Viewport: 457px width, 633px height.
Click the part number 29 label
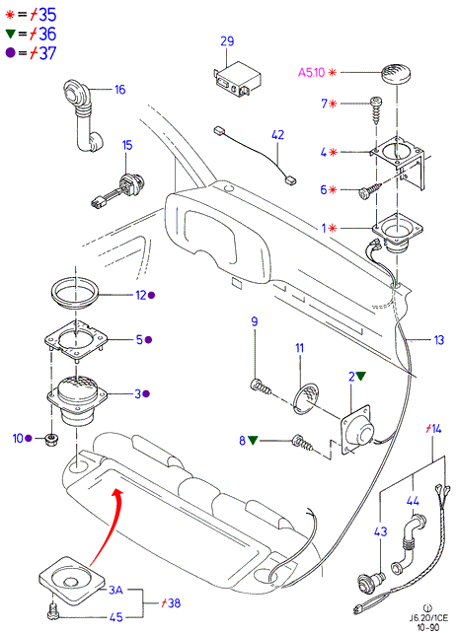(227, 41)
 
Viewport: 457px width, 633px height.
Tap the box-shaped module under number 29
(237, 80)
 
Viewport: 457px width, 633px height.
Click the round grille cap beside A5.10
(397, 74)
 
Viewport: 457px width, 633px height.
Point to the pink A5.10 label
(311, 73)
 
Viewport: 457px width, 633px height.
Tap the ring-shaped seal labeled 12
(75, 293)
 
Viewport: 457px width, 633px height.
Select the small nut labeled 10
(51, 439)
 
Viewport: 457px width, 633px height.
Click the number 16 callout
(120, 90)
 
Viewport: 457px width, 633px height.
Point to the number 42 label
(278, 135)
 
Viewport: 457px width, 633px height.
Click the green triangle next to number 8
(253, 440)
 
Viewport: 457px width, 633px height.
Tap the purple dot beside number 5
(148, 340)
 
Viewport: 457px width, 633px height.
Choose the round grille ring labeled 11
(306, 399)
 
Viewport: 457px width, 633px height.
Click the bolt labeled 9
(262, 387)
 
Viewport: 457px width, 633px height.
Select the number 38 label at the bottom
(174, 603)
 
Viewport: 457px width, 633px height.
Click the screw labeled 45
(52, 612)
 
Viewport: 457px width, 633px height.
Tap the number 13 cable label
(439, 340)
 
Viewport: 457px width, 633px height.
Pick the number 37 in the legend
(48, 53)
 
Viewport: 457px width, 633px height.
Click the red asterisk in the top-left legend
(10, 15)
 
